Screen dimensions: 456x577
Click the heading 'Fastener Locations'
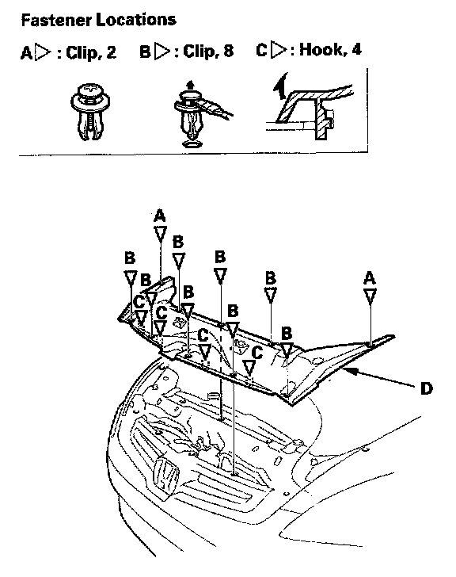point(98,20)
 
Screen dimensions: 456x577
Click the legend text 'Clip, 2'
point(91,52)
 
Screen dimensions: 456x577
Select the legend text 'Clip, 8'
point(208,52)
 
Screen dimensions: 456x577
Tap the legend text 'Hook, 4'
point(330,49)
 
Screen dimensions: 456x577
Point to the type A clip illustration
point(90,112)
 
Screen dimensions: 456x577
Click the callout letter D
point(426,388)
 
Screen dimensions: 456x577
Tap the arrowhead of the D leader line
point(350,371)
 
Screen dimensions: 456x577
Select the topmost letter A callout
point(160,216)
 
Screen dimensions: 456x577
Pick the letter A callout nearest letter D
point(370,278)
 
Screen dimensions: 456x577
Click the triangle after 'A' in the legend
point(43,52)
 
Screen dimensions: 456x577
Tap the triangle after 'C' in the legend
point(279,50)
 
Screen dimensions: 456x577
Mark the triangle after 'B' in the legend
point(161,52)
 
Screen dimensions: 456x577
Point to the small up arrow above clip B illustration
point(190,86)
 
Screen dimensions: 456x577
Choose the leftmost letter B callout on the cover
point(130,258)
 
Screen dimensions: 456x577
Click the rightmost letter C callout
point(256,352)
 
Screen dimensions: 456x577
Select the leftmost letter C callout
point(139,303)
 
